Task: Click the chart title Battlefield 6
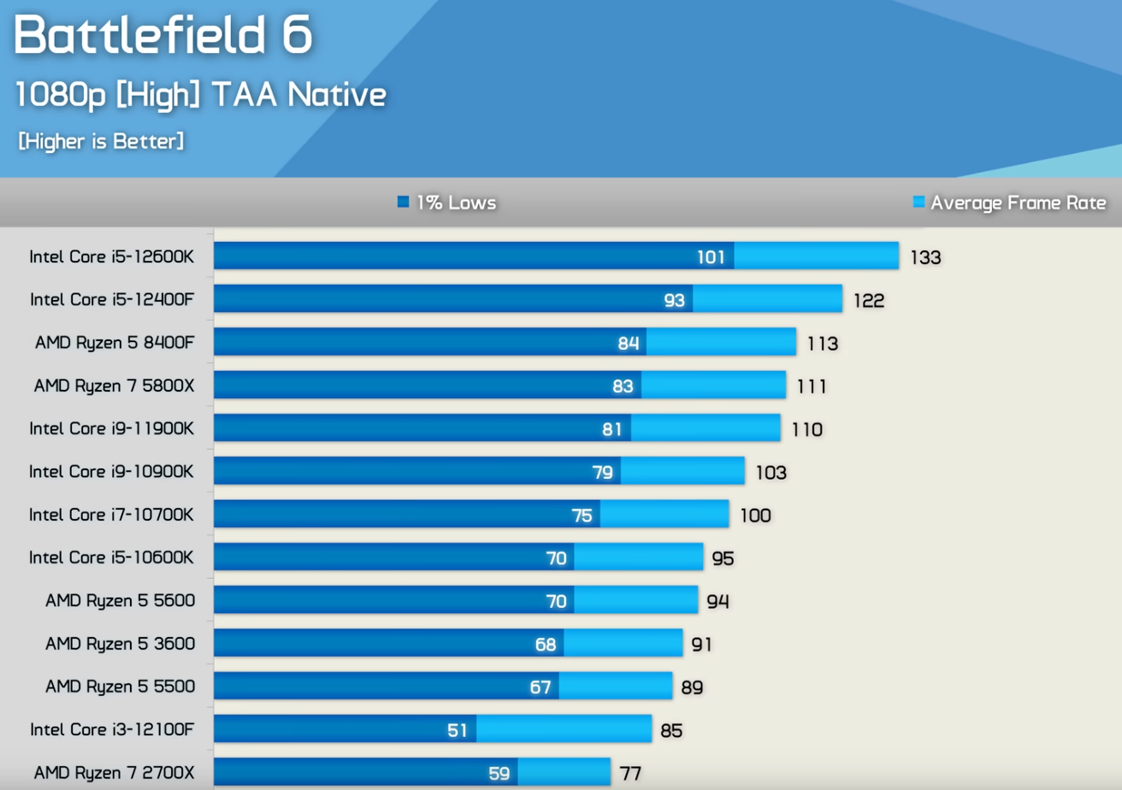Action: pos(163,35)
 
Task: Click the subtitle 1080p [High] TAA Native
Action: pos(201,95)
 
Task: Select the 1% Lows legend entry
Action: pos(447,203)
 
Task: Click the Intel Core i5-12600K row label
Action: pos(112,256)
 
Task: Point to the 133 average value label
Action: pos(925,257)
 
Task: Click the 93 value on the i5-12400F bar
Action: pos(675,300)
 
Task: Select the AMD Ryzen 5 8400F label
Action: pos(115,343)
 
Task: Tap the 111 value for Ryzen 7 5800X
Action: pos(811,386)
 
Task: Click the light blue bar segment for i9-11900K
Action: pos(706,428)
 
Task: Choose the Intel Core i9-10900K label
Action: pos(112,471)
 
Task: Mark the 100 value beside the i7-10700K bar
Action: pos(755,515)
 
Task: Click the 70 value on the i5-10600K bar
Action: pos(557,558)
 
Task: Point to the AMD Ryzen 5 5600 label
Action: pos(120,600)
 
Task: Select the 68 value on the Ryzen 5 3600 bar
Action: pos(546,644)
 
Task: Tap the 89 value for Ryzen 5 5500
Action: pos(692,687)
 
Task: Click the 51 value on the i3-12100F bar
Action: pos(458,730)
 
